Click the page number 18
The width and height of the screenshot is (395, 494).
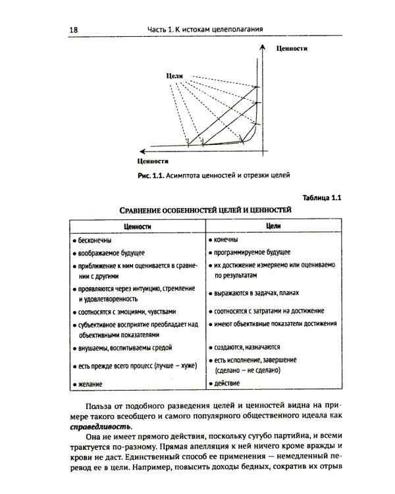(73, 29)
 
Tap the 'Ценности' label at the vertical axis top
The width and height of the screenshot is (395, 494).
(292, 49)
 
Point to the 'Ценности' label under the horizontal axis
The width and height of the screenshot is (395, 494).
(154, 161)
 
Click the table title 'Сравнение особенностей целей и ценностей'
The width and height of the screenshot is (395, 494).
(205, 210)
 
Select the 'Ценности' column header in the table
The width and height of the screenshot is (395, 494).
(136, 226)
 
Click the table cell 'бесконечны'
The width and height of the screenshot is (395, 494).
(95, 240)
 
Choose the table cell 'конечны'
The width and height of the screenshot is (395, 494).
(227, 240)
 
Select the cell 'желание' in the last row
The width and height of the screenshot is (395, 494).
(91, 383)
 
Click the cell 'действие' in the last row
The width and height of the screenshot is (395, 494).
(227, 383)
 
